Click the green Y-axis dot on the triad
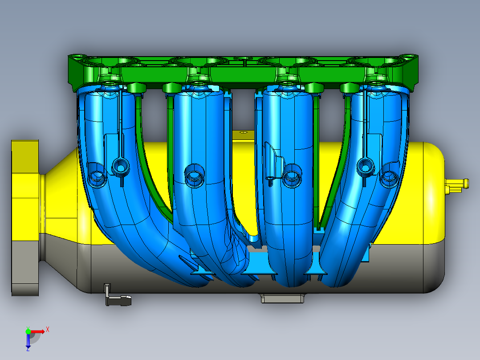28,331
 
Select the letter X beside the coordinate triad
48,329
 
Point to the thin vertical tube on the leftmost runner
121,125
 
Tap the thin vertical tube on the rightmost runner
365,125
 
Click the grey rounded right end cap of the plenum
434,267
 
